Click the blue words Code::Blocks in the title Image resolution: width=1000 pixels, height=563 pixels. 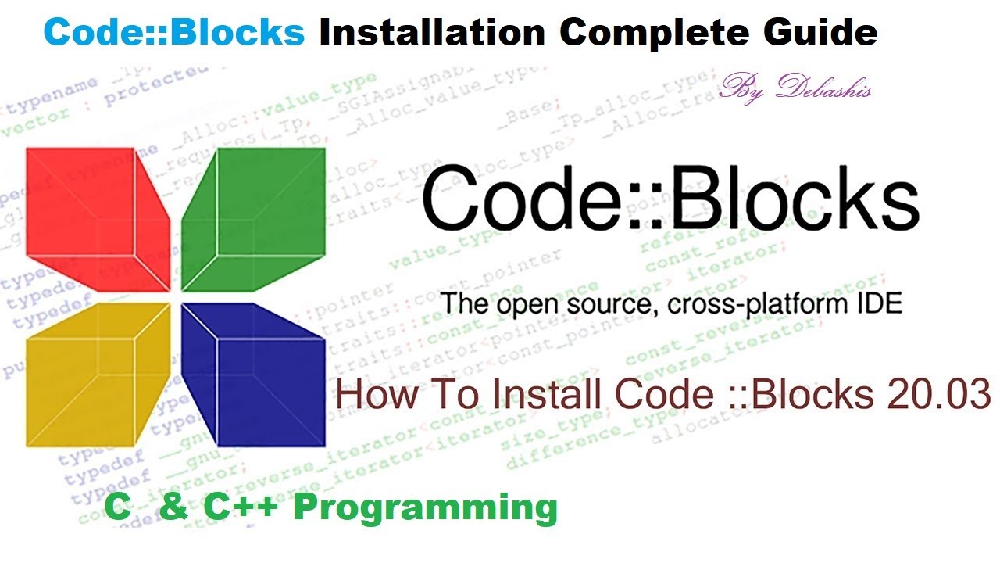click(x=174, y=32)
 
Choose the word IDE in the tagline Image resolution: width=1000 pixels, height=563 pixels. click(x=878, y=303)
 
